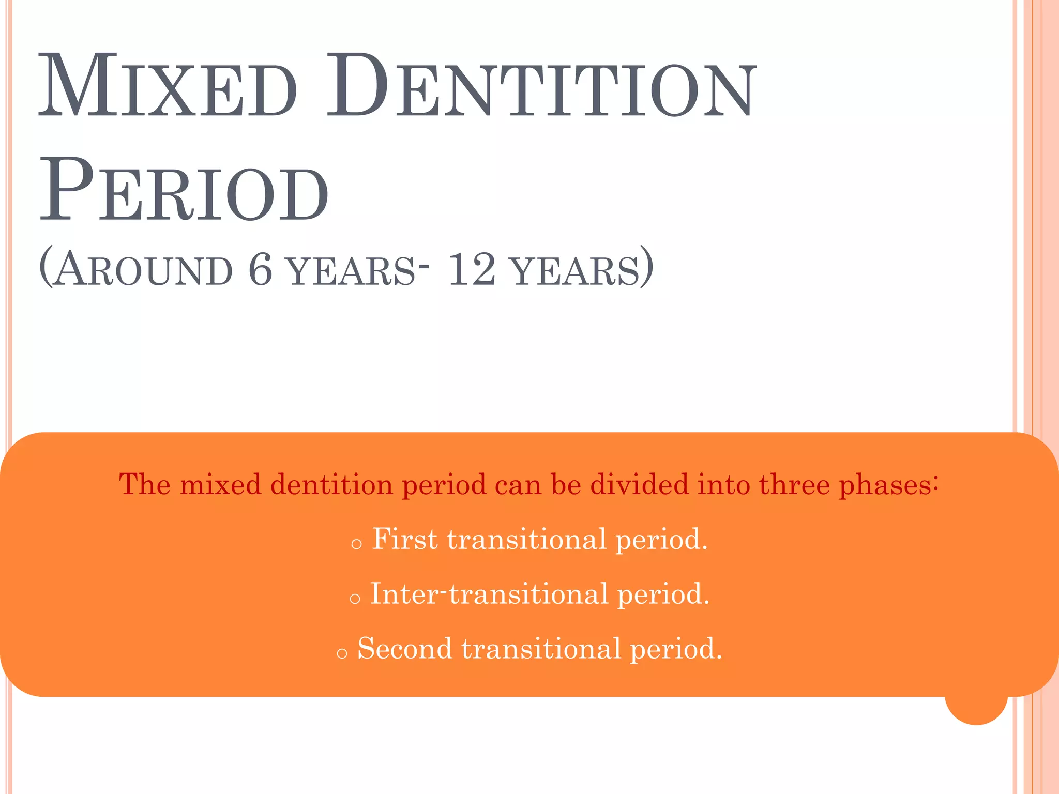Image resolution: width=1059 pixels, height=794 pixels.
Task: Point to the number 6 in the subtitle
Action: tap(260, 269)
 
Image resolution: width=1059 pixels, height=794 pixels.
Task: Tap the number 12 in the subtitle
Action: tap(471, 269)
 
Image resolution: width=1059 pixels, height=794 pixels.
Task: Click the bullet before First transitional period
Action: tap(356, 544)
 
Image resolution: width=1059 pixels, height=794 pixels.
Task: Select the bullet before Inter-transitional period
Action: tap(355, 599)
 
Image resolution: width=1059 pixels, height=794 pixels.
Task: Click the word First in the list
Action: tap(405, 539)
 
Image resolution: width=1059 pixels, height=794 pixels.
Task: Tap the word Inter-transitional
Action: tap(489, 594)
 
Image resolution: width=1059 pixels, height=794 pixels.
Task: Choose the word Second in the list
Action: tap(405, 648)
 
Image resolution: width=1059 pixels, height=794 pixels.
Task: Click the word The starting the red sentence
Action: tap(145, 485)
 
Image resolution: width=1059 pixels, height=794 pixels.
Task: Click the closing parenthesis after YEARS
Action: tap(646, 268)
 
